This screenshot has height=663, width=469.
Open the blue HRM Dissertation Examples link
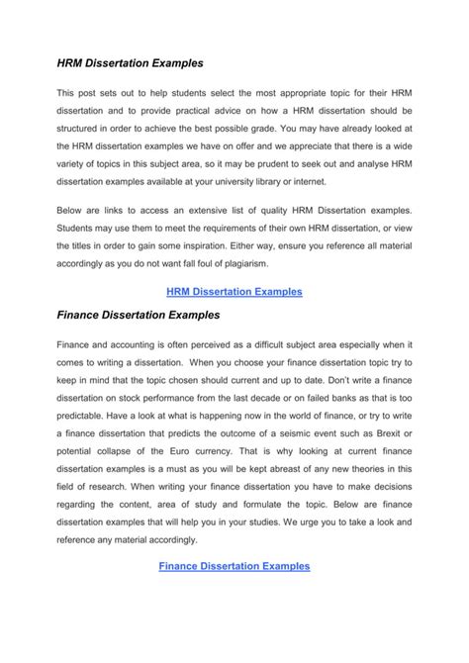(234, 292)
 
